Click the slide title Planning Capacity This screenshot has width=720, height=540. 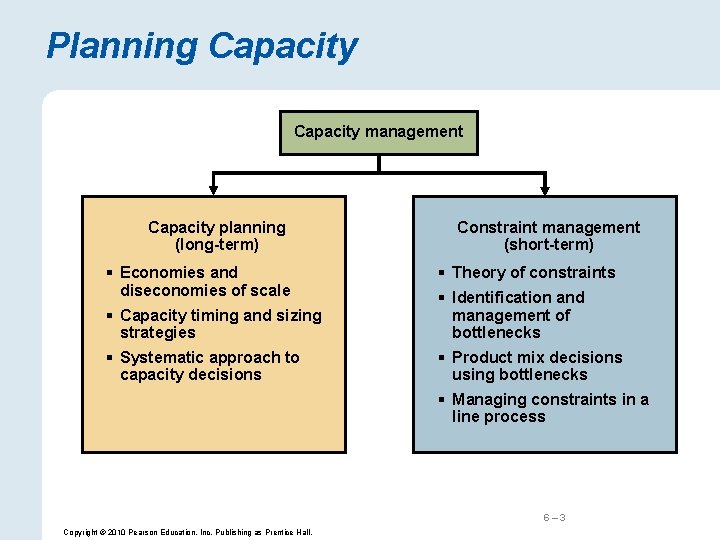click(x=201, y=46)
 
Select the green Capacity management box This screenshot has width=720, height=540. click(x=378, y=132)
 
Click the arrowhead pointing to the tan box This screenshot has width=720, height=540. click(x=212, y=188)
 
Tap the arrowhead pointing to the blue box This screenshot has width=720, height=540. click(x=544, y=188)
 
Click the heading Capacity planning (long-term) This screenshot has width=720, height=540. click(x=216, y=236)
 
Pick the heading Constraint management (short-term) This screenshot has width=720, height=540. click(x=548, y=236)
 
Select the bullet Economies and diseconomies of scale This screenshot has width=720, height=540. click(x=204, y=281)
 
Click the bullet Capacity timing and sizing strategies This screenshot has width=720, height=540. click(x=220, y=323)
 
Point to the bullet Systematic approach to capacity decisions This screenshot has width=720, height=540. click(x=209, y=366)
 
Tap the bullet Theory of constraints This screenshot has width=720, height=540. click(x=533, y=272)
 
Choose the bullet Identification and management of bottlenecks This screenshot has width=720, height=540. click(x=518, y=314)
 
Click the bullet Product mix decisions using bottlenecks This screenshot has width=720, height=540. click(x=536, y=366)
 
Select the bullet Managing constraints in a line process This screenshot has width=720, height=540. click(x=549, y=408)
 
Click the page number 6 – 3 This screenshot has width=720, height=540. click(x=554, y=517)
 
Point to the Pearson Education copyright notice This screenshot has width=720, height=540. click(x=187, y=532)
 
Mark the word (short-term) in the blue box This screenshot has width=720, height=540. click(x=548, y=245)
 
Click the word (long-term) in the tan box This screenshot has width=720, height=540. click(x=216, y=245)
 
